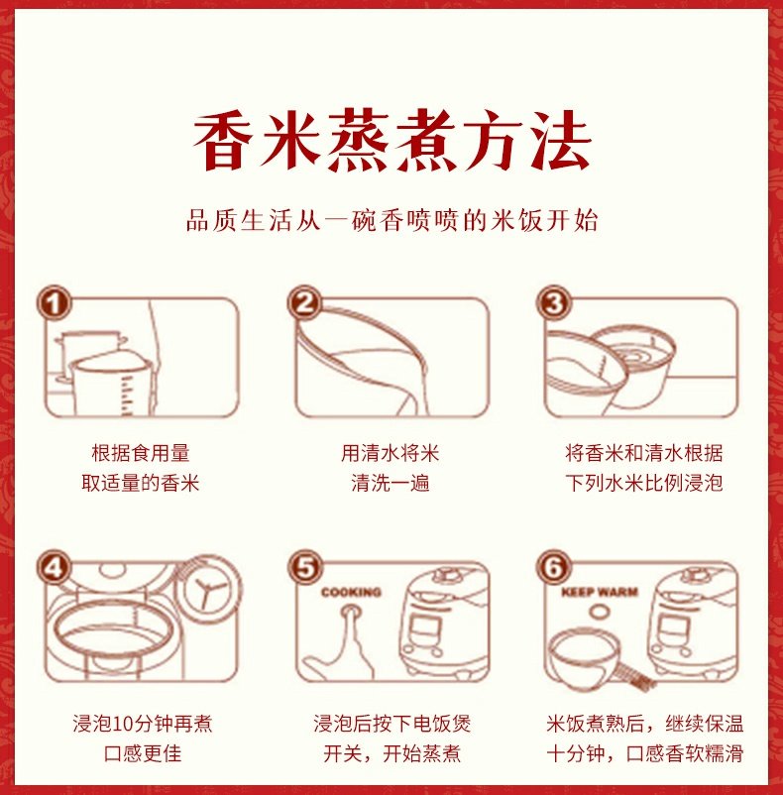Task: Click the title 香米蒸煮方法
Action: coord(392,141)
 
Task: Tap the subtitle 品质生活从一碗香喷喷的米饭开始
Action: coord(391,220)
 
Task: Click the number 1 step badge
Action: coord(54,302)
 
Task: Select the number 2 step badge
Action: coord(304,302)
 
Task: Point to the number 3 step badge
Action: coord(553,302)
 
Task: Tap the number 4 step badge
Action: coord(54,567)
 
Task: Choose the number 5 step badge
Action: coord(305,567)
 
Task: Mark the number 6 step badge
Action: coord(553,567)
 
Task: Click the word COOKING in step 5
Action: coord(351,592)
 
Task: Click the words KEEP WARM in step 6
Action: coord(600,592)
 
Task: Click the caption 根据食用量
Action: coord(141,453)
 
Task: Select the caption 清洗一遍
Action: coord(391,483)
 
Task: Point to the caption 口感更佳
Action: coord(143,753)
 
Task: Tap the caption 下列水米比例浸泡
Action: coord(643,483)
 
